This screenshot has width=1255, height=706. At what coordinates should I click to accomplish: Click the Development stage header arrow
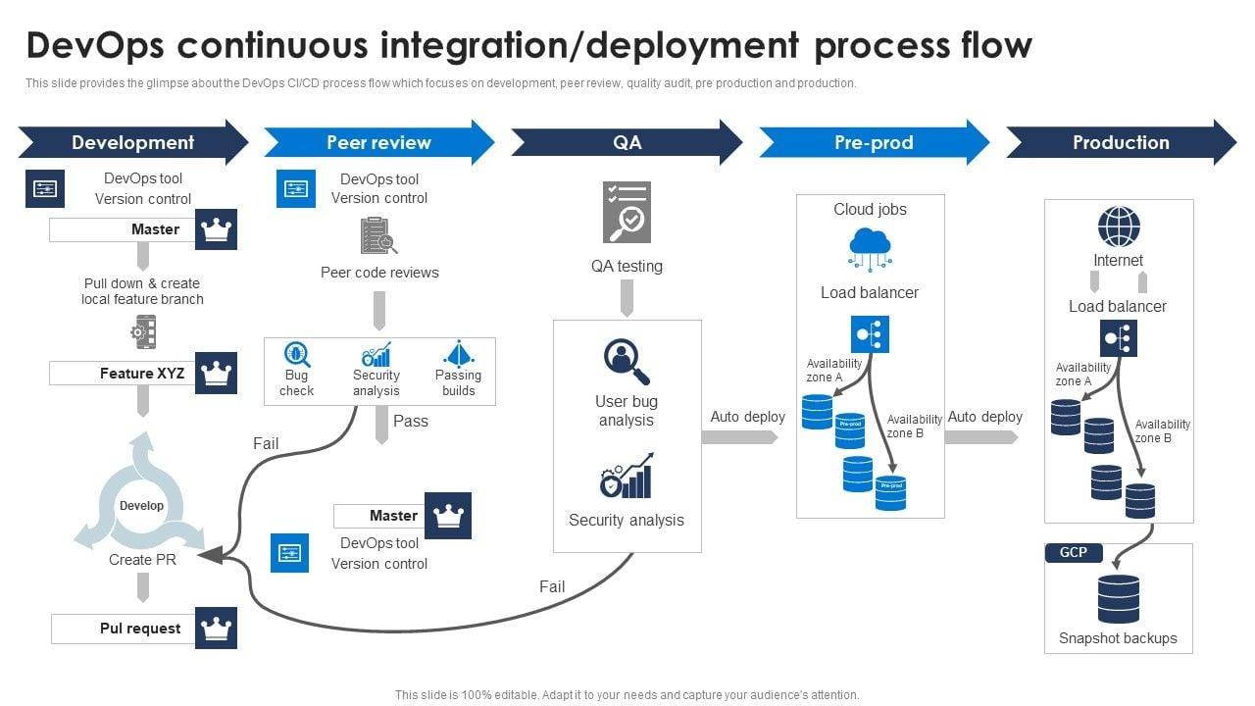[132, 143]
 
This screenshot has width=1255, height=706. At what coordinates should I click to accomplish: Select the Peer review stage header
[378, 143]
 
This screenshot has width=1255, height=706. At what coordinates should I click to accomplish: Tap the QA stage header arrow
[627, 143]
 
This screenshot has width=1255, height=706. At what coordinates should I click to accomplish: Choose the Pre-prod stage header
[874, 143]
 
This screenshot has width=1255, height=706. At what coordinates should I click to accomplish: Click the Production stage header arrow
[1121, 143]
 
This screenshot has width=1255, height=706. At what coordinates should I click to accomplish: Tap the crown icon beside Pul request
[216, 628]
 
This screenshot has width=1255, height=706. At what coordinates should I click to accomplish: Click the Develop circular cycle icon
[141, 506]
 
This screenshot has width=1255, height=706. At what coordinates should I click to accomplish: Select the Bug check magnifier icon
[296, 354]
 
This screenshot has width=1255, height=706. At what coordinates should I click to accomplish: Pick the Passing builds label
[458, 382]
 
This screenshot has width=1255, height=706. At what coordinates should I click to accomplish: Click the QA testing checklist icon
[627, 212]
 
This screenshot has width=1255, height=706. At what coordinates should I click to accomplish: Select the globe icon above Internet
[1119, 227]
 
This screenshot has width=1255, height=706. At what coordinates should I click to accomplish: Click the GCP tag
[1074, 553]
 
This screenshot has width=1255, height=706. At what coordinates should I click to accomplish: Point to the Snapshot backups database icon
[1119, 599]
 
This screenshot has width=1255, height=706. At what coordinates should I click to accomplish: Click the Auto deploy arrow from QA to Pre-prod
[740, 437]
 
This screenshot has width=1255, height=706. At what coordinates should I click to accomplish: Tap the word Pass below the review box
[411, 421]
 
